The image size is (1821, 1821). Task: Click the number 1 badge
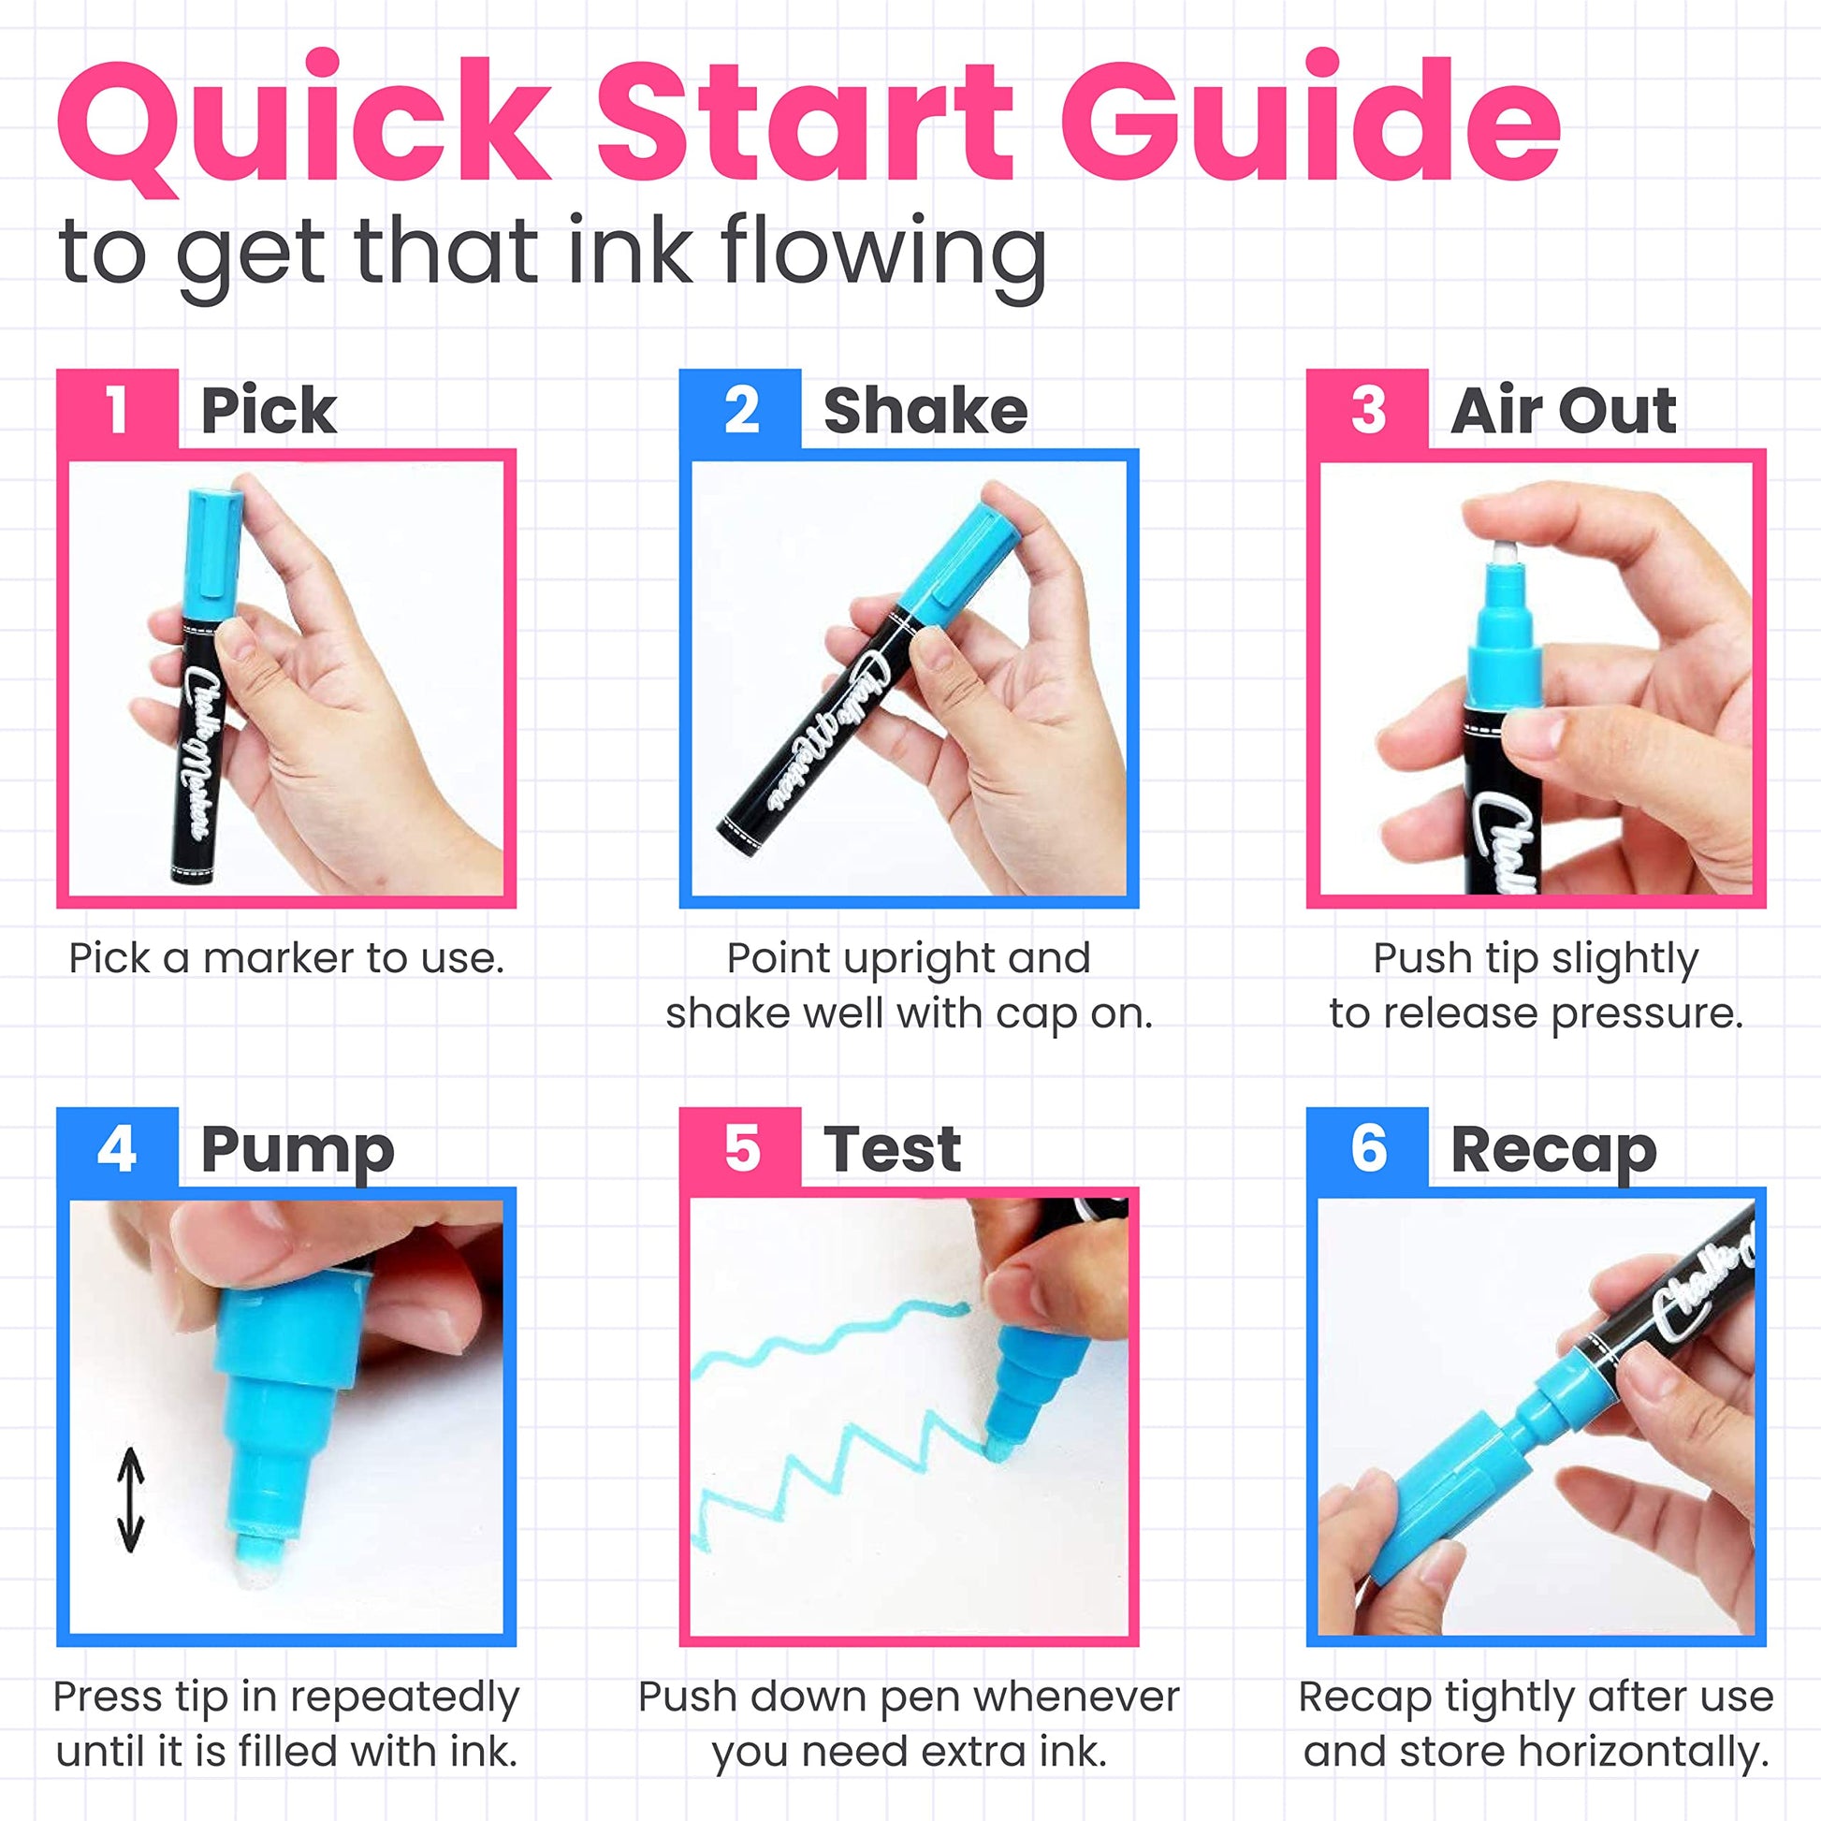tap(117, 409)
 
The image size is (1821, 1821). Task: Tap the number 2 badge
tap(740, 409)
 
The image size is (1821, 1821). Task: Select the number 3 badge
tap(1367, 409)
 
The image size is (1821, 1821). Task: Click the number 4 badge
tap(117, 1148)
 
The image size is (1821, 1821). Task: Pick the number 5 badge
tap(740, 1148)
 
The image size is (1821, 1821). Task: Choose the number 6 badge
tap(1367, 1148)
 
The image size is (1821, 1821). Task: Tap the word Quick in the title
tap(303, 124)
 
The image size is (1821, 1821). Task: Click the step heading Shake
tap(925, 410)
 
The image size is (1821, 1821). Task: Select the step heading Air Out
tap(1563, 410)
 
